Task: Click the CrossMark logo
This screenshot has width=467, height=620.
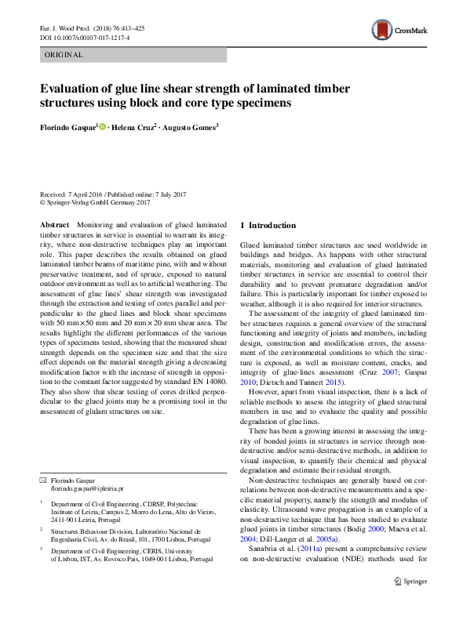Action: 400,31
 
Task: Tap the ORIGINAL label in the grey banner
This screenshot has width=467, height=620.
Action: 64,55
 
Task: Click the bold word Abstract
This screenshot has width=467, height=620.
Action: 55,225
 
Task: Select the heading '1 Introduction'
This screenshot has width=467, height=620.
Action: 268,226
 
